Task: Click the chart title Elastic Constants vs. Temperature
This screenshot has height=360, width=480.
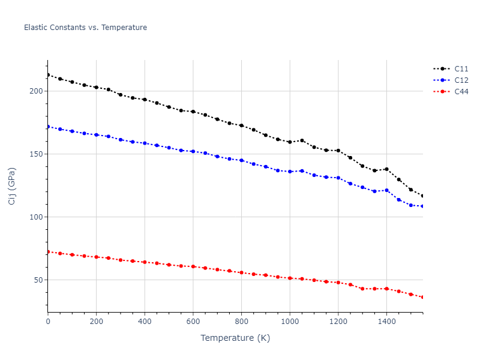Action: click(85, 28)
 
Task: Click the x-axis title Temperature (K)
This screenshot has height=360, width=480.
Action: click(235, 338)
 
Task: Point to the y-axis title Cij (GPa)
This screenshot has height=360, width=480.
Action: click(12, 186)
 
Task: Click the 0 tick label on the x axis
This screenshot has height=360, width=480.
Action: click(48, 321)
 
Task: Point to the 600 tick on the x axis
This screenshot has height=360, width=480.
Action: click(193, 321)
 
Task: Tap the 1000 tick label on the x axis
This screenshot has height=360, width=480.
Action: click(290, 321)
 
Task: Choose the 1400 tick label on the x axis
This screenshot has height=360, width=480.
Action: click(386, 321)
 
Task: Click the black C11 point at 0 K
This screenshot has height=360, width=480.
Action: click(48, 75)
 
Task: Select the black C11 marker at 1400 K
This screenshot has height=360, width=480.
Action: click(386, 169)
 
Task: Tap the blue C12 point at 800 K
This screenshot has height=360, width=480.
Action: click(241, 160)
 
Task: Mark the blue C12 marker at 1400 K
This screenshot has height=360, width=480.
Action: click(386, 190)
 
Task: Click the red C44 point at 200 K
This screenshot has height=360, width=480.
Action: click(96, 257)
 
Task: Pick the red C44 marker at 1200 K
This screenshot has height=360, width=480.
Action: click(338, 282)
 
